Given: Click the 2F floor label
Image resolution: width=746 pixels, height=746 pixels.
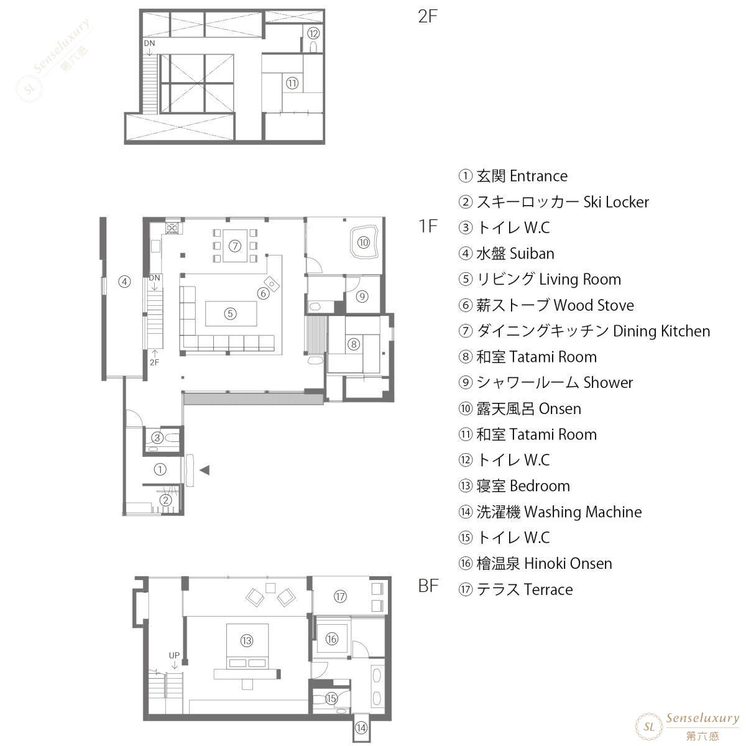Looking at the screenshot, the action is (427, 17).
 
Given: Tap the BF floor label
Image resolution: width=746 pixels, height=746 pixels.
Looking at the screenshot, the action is (428, 586).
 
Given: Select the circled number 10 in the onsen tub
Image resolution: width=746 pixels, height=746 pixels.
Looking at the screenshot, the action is (363, 242).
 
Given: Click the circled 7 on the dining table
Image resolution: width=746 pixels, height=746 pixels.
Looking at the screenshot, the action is (235, 246).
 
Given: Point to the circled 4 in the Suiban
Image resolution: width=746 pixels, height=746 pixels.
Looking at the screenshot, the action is (124, 282).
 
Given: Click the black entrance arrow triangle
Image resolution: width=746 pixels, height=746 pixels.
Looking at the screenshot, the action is (205, 471).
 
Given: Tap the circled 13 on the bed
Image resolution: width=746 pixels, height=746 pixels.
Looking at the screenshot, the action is (247, 641).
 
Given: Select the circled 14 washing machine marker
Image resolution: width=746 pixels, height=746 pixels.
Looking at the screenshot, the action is (361, 728).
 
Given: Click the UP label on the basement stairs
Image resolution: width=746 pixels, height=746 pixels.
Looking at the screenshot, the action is (174, 655).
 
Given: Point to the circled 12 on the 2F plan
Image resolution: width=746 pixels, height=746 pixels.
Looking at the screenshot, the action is (313, 34).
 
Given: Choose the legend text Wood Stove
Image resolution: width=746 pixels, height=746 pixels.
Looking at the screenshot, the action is (594, 305).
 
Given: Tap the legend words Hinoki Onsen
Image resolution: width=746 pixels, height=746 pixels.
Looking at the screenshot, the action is (568, 564).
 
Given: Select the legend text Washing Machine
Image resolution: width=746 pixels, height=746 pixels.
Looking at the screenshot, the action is (583, 512).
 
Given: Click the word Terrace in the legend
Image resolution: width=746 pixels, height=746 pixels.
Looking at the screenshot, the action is (548, 589).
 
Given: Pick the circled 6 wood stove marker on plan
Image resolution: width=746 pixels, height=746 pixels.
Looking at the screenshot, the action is (263, 293).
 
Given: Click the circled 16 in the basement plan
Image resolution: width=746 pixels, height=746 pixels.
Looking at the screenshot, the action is (332, 639).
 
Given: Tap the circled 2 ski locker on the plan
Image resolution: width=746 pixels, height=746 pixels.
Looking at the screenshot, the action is (166, 500).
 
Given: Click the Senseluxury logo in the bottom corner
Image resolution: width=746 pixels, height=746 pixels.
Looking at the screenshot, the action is (687, 727).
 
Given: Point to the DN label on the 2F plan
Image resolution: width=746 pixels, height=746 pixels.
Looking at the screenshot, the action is (149, 44).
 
